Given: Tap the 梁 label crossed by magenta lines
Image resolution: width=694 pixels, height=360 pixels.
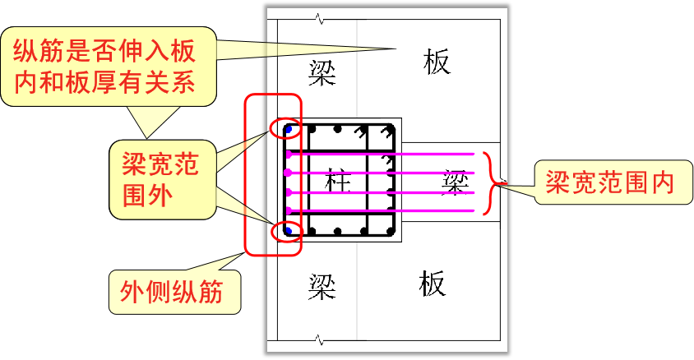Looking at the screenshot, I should click(x=454, y=182).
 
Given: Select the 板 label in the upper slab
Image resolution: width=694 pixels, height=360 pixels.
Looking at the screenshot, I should click(x=437, y=62).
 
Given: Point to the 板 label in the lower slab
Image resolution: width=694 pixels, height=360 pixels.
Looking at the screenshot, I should click(x=431, y=284).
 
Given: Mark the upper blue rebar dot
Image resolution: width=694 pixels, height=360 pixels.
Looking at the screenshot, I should click(x=288, y=129).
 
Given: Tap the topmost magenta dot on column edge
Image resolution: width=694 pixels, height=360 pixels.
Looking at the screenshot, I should click(x=288, y=154).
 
